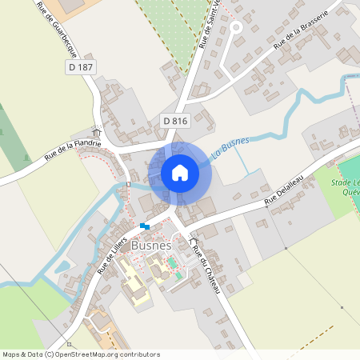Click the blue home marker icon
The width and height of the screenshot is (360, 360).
[x=180, y=172]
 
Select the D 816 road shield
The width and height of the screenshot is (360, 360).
[x=174, y=121]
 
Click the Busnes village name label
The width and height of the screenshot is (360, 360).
[x=151, y=246]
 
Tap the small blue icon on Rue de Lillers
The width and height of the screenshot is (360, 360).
[x=144, y=226]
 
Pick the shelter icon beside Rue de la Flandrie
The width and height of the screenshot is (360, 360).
[x=97, y=132]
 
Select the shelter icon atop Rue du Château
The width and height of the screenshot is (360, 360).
[x=192, y=240]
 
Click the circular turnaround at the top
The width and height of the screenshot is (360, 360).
[x=235, y=27]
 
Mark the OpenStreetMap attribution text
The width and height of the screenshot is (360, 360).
[x=81, y=354]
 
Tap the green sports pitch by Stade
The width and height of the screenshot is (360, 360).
[x=350, y=170]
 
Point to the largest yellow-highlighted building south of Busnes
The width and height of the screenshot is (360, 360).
[x=134, y=284]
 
